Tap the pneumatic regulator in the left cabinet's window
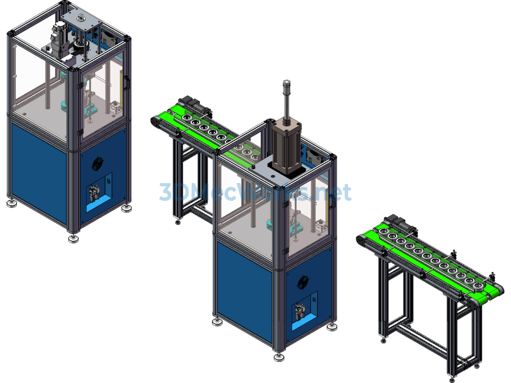coord(95,192)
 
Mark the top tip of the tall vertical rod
coord(286,82)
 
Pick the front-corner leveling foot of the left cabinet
coord(74,238)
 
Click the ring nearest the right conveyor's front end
coord(478,287)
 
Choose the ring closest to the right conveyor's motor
coord(383,231)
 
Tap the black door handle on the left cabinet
coord(127,83)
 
